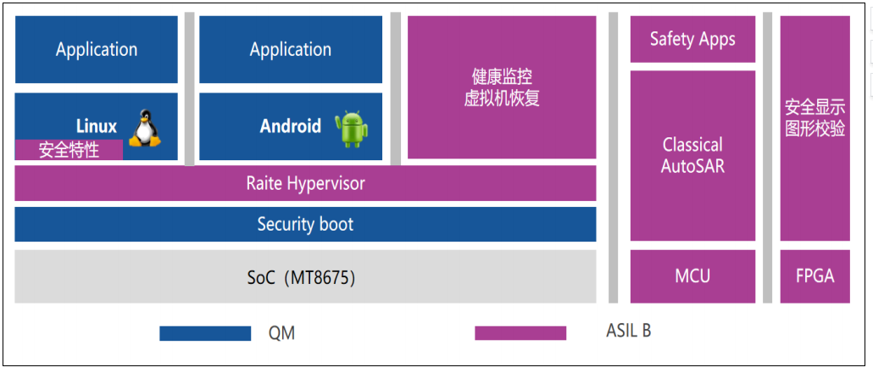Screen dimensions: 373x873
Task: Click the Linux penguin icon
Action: click(144, 127)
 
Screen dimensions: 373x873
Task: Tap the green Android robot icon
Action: click(351, 129)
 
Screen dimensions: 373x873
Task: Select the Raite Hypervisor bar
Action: click(305, 183)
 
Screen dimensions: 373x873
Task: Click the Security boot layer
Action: click(305, 225)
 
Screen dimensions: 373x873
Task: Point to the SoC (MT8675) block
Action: click(305, 276)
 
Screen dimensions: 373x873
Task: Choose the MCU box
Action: click(692, 276)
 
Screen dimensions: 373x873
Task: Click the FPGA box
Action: click(815, 276)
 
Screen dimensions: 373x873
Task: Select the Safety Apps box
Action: click(692, 39)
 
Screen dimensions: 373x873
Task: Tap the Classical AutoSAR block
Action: click(692, 155)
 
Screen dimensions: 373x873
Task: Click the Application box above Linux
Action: click(97, 49)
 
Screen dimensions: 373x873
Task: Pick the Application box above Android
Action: click(291, 49)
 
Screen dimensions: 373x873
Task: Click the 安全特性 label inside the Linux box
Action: click(69, 150)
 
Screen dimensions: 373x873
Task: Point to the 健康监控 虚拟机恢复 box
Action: click(502, 87)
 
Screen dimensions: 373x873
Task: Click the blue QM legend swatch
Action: click(205, 333)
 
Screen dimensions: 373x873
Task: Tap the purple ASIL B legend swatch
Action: click(520, 332)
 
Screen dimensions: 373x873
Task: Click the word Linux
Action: click(97, 126)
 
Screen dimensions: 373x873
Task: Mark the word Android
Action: click(291, 126)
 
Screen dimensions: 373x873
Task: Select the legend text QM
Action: click(281, 333)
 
